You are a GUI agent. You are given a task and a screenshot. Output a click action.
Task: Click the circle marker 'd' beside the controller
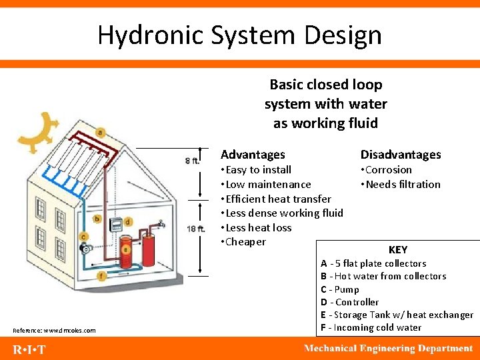pos(127,221)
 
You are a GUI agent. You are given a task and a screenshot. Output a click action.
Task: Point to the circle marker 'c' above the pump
pos(83,237)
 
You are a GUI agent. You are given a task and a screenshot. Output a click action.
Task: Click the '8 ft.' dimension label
pos(192,161)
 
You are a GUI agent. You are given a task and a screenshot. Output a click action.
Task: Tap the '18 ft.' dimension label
pos(195,229)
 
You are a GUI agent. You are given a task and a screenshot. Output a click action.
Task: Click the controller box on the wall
pos(115,225)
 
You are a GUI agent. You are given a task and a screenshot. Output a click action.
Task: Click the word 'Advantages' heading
pos(253,155)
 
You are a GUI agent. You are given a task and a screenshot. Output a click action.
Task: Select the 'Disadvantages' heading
pos(401,155)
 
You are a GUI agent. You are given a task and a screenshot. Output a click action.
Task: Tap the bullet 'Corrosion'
pos(389,170)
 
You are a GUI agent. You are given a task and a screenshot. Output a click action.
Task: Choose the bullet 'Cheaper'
pos(245,242)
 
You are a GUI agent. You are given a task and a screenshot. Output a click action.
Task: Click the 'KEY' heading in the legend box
pos(397,250)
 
